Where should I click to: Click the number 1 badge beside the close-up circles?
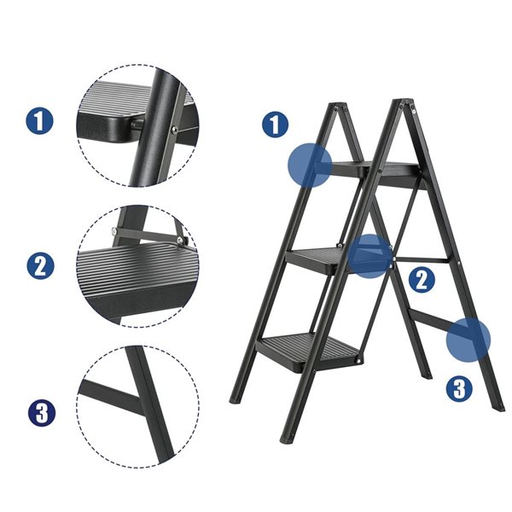coord(39,120)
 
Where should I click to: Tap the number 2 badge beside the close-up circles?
coord(39,265)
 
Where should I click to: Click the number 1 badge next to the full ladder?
coord(273,125)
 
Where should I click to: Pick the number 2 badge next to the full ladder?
coord(420,279)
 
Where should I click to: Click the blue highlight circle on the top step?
coord(308,165)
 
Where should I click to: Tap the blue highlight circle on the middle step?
coord(369,256)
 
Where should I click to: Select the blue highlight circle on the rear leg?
coord(468,339)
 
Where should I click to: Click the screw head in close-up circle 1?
coord(174,130)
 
